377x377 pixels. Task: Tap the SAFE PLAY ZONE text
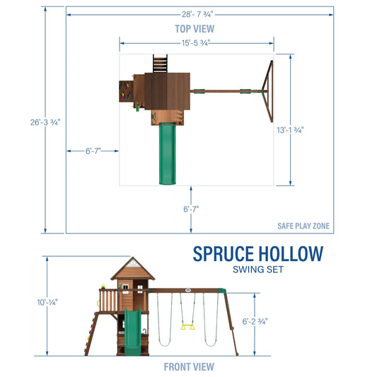tap(303, 226)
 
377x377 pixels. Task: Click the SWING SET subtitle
tap(258, 269)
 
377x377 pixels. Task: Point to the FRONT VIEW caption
tap(188, 366)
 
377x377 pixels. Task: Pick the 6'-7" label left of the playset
tap(92, 151)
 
